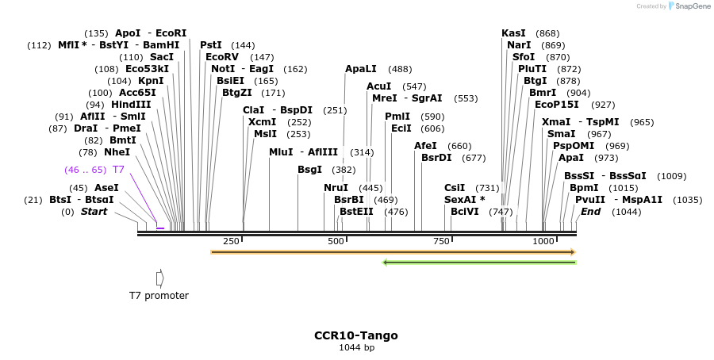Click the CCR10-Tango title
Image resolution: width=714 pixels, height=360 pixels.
[x=356, y=335]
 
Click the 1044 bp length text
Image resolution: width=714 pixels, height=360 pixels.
[x=356, y=348]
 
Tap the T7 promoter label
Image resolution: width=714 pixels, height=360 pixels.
[x=159, y=296]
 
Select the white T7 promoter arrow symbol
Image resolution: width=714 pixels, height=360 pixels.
[x=159, y=278]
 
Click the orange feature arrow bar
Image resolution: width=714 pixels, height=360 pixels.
[x=393, y=252]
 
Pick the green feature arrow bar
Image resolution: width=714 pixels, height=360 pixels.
[x=478, y=262]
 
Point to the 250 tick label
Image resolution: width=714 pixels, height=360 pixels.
[x=231, y=241]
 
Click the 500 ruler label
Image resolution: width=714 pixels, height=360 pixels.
[x=336, y=241]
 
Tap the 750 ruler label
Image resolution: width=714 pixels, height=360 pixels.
[x=440, y=241]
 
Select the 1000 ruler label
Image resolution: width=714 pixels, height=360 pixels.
[x=543, y=241]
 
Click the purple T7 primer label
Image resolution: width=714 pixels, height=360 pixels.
[x=118, y=170]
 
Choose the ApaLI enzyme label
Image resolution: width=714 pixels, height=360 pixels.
[x=361, y=70]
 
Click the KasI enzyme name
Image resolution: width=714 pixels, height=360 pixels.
[x=513, y=33]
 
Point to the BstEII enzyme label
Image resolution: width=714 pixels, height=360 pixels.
[x=356, y=212]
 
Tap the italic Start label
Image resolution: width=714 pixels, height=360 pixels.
[x=94, y=212]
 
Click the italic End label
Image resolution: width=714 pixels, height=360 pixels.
[x=590, y=212]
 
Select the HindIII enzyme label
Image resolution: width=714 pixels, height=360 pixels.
[x=130, y=105]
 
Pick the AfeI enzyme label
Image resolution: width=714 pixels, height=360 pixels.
[x=425, y=146]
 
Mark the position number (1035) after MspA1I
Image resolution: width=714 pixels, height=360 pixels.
[x=687, y=200]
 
